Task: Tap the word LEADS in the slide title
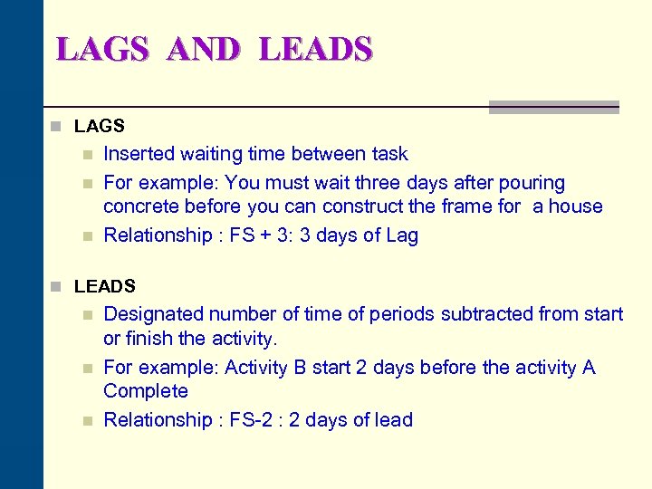point(315,48)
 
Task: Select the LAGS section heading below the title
point(99,126)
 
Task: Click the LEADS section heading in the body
point(105,286)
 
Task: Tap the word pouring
point(532,183)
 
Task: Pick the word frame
point(468,206)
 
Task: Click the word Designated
point(154,314)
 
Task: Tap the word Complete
point(146,391)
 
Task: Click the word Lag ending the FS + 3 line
point(401,235)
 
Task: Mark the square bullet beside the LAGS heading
point(56,127)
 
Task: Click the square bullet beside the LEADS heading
point(56,287)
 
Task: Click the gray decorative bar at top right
point(553,107)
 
